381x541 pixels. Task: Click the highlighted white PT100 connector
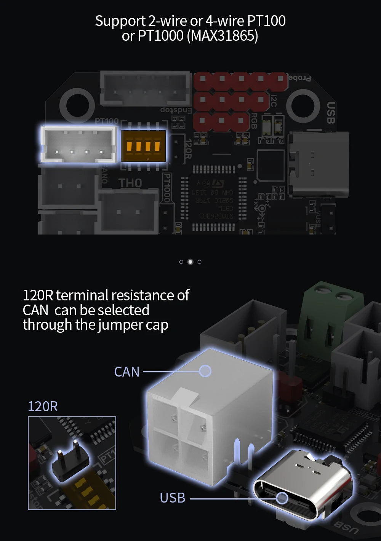coord(78,145)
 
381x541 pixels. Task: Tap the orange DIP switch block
coord(144,146)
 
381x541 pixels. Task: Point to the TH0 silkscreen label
coord(130,183)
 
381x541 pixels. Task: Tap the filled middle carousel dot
coord(190,262)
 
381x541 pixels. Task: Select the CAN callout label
coord(127,372)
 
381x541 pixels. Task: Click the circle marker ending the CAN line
coord(205,371)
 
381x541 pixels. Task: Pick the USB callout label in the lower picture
coord(172,498)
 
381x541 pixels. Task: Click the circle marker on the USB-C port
coord(282,498)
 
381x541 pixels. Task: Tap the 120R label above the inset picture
coord(43,406)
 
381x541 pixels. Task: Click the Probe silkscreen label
coord(299,78)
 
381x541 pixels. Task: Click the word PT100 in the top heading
coord(266,21)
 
